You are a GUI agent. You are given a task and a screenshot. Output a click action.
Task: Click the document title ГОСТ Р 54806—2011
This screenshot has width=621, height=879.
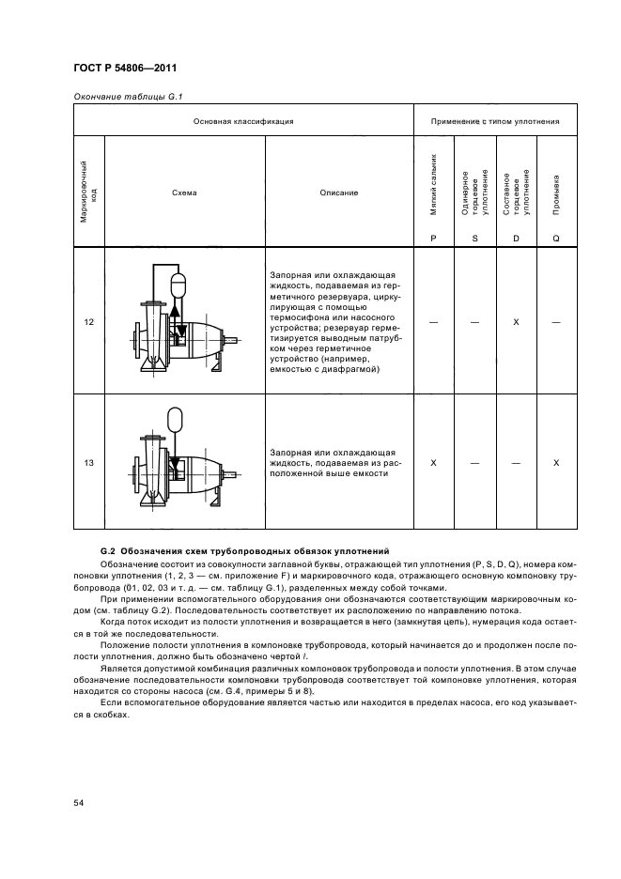click(124, 69)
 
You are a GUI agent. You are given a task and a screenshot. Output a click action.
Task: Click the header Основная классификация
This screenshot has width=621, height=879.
click(243, 121)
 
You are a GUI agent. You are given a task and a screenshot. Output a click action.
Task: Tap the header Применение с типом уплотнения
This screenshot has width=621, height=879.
click(495, 121)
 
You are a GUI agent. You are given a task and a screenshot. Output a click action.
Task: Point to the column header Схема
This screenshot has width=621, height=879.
click(184, 193)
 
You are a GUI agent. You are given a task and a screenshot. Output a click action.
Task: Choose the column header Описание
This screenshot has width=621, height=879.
click(339, 193)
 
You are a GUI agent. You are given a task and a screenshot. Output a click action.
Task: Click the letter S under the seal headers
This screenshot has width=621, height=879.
click(474, 239)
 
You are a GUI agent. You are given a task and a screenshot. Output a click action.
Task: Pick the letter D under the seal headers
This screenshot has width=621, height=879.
click(516, 239)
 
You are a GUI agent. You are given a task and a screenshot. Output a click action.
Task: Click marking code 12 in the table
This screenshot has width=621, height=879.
click(88, 322)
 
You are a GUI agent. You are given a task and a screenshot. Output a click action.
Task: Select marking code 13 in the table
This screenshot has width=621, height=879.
click(88, 463)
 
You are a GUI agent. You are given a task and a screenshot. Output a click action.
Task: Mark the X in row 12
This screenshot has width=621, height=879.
click(516, 322)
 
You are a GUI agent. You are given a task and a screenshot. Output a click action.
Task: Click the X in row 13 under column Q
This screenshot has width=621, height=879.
click(556, 463)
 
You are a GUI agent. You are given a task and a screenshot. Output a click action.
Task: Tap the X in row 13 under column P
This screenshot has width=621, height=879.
click(433, 463)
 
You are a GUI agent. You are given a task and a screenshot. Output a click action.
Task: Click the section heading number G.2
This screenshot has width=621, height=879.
click(107, 549)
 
